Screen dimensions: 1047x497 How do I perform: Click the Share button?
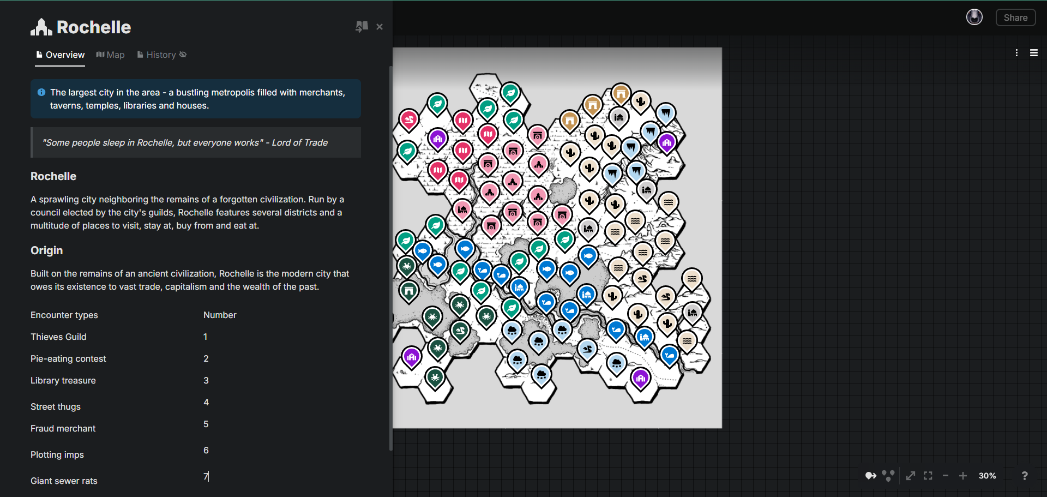[1015, 17]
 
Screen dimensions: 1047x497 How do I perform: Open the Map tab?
[111, 55]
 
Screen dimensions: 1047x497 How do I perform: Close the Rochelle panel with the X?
[380, 27]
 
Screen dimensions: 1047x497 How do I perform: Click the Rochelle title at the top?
[93, 27]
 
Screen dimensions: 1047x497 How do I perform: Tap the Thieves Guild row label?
[58, 337]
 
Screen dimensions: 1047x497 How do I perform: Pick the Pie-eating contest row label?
[68, 358]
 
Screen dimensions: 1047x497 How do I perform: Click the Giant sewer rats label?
[64, 481]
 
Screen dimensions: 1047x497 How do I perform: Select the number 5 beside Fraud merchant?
[206, 424]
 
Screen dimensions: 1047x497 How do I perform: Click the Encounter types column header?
[64, 315]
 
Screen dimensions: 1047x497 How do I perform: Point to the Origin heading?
[46, 250]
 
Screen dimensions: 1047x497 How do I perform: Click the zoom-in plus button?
[963, 476]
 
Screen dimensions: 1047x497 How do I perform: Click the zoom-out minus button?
[946, 476]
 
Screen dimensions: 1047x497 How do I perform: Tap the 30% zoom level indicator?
[987, 476]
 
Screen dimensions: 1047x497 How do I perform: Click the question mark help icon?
[1025, 476]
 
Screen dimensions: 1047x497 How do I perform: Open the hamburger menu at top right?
[1034, 53]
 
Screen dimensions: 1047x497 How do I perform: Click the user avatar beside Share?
[974, 17]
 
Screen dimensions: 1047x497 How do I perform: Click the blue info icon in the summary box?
[41, 93]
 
